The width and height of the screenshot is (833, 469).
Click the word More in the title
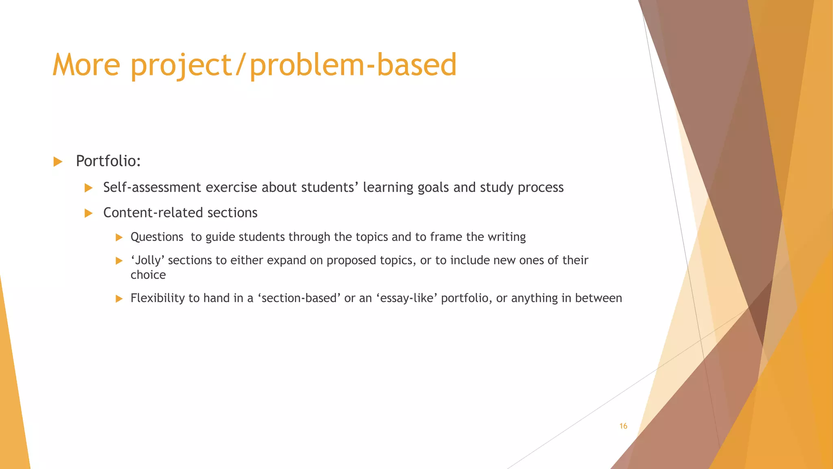(87, 65)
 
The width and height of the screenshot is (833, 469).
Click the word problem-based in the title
(353, 65)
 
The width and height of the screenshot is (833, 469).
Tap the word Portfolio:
(108, 161)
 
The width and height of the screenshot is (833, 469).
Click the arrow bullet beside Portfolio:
(58, 162)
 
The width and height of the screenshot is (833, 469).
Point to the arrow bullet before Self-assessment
(88, 188)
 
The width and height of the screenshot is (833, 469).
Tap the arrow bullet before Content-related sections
(88, 213)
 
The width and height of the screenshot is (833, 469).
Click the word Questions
(157, 237)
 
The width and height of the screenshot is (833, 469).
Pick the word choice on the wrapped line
(148, 275)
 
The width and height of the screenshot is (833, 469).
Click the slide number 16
(623, 426)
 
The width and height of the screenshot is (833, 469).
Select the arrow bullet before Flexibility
(119, 298)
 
